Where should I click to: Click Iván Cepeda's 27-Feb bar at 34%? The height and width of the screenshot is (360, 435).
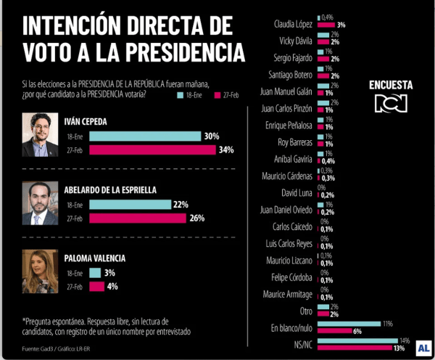(x=152, y=150)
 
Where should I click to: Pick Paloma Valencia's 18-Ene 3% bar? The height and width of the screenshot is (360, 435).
(x=94, y=273)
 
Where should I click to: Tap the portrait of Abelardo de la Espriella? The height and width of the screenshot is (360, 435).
(x=39, y=202)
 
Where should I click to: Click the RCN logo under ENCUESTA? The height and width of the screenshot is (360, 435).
(x=391, y=103)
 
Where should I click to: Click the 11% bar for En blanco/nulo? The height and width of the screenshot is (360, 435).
(x=349, y=323)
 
